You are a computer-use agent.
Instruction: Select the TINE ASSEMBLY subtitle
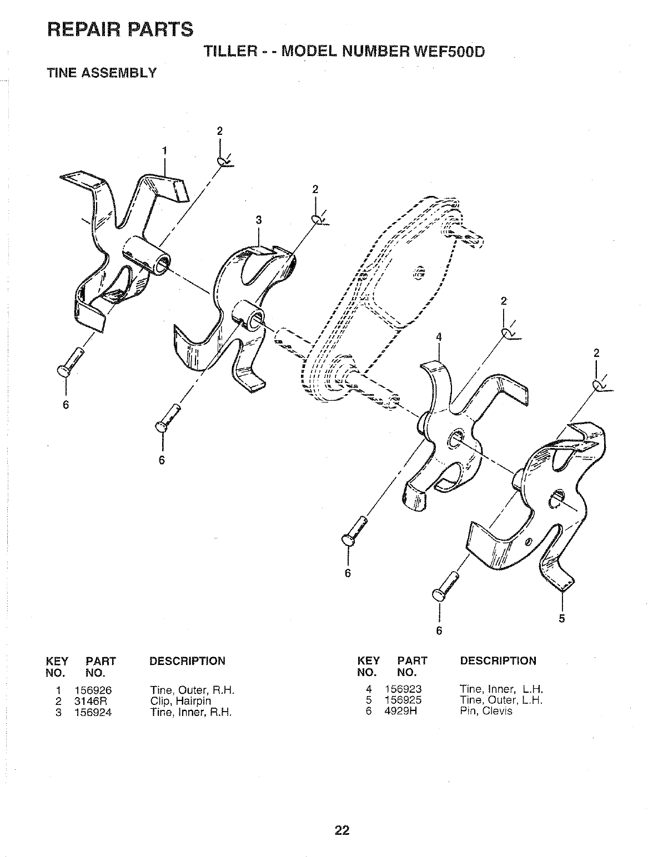point(102,72)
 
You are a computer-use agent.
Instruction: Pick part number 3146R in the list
point(90,701)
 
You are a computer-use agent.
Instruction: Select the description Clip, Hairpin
point(180,701)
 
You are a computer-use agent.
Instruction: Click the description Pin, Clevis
point(486,711)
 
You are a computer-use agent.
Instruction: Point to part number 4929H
point(400,711)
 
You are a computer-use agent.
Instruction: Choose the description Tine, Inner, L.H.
point(500,690)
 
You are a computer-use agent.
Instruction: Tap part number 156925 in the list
point(403,700)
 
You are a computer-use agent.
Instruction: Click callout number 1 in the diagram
point(164,150)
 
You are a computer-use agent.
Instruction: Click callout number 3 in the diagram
point(258,220)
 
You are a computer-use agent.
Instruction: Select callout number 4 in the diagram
point(439,337)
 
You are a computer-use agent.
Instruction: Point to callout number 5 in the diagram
point(561,619)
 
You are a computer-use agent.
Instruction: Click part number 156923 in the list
point(403,690)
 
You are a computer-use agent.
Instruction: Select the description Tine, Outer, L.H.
point(501,700)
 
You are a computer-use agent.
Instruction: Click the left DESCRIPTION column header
point(188,661)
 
